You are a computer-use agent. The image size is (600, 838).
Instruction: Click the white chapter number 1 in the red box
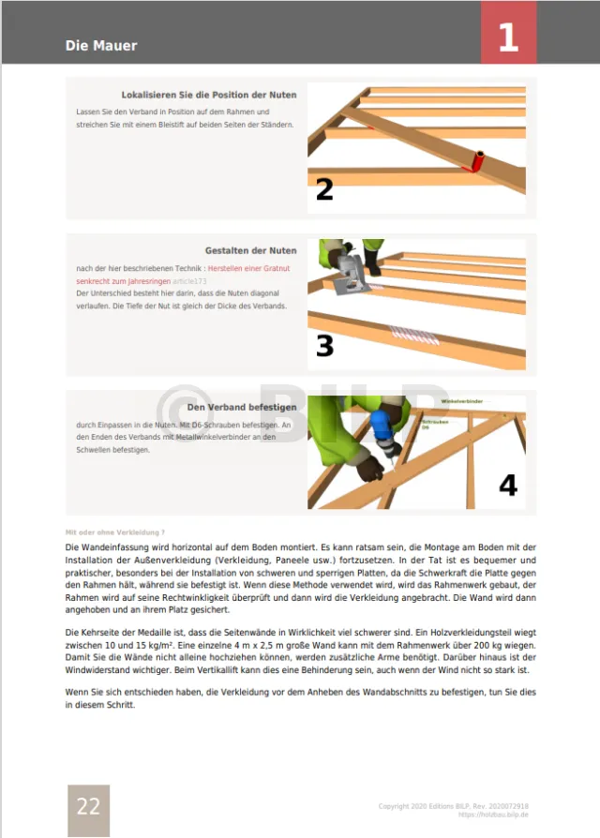(508, 37)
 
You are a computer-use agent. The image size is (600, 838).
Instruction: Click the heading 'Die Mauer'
(101, 45)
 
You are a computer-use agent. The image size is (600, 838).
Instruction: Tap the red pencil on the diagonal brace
(478, 161)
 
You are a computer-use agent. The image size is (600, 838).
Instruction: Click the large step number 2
(324, 189)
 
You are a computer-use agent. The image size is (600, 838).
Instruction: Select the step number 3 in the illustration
(324, 346)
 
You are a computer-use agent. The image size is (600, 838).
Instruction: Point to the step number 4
(507, 485)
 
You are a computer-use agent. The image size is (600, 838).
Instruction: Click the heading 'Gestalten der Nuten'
(250, 250)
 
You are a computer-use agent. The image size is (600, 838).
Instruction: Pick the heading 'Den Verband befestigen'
(242, 407)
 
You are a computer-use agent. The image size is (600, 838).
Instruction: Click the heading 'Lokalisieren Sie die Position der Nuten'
(209, 95)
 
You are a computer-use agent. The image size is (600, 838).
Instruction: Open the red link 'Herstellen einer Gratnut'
(248, 269)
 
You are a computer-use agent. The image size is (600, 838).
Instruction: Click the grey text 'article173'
(189, 280)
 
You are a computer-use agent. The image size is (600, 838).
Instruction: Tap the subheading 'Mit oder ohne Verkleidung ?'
(114, 531)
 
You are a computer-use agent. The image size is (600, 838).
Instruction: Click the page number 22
(88, 806)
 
